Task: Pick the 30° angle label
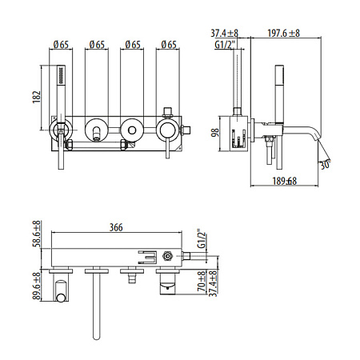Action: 325,165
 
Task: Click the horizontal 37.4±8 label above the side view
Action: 226,34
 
